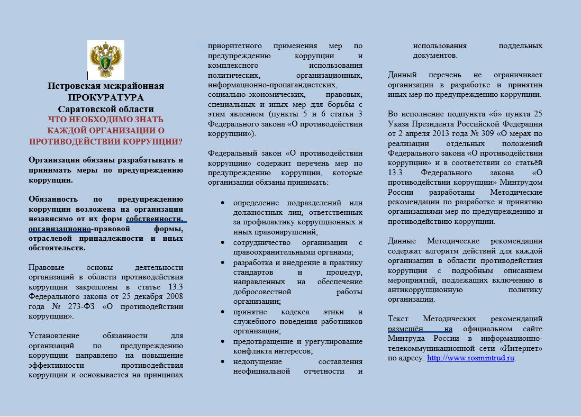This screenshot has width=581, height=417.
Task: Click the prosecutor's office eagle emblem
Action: (x=105, y=60)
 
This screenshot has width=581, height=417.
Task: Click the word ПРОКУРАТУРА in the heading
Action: (x=105, y=97)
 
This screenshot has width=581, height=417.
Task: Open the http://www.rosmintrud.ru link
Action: (x=470, y=358)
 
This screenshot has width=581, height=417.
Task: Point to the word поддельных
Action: (x=521, y=46)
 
